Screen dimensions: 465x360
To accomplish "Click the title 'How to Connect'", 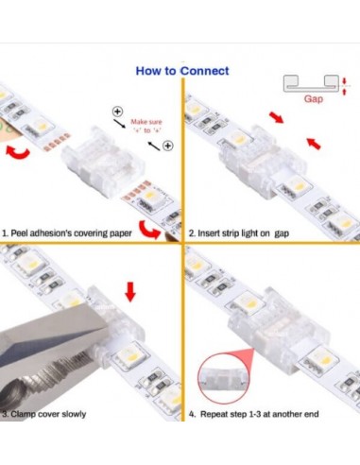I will tap(182, 70).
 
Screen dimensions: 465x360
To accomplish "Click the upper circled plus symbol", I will tap(117, 111).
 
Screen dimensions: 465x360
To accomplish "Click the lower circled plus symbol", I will tap(167, 145).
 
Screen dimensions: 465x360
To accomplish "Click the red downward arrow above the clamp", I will tap(130, 289).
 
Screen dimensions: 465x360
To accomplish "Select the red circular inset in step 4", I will tap(225, 377).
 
